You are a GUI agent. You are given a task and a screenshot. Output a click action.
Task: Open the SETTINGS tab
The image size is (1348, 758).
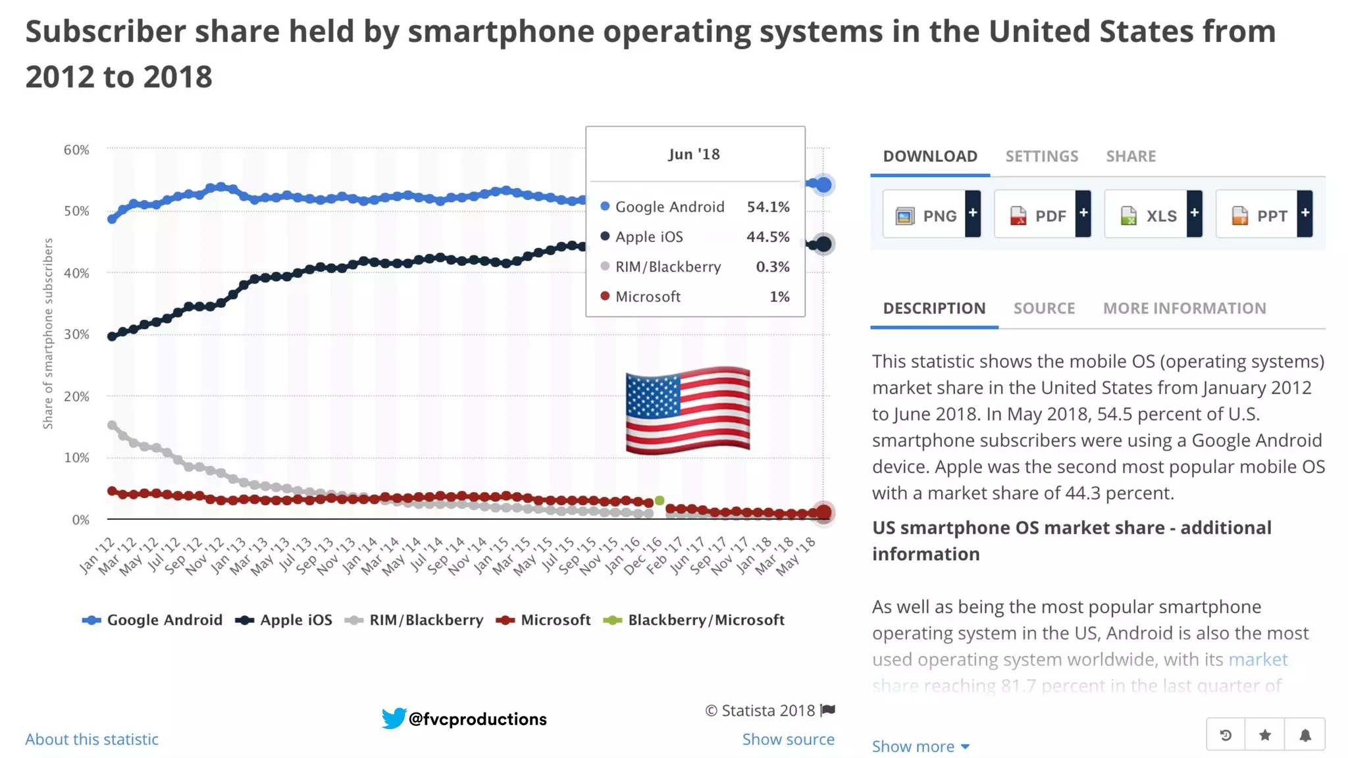click(1041, 157)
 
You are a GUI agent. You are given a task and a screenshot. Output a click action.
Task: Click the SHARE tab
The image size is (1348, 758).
click(1131, 157)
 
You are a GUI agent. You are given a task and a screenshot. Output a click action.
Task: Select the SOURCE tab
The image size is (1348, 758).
click(1044, 309)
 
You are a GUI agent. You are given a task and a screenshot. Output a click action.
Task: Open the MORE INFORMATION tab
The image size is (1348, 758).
click(1184, 309)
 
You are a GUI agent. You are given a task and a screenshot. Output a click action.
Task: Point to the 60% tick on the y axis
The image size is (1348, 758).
click(76, 150)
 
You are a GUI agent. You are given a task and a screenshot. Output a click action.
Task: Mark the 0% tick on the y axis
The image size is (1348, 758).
click(80, 520)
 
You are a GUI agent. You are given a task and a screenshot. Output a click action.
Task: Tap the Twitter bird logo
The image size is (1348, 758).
click(394, 718)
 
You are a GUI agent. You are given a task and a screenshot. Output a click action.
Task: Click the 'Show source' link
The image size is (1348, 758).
click(788, 740)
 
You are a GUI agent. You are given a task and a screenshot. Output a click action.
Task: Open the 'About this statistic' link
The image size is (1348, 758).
click(92, 740)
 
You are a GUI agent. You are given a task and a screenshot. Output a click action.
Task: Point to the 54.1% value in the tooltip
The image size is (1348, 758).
click(767, 207)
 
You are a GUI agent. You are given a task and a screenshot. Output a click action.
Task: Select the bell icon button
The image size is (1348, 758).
click(1305, 735)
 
